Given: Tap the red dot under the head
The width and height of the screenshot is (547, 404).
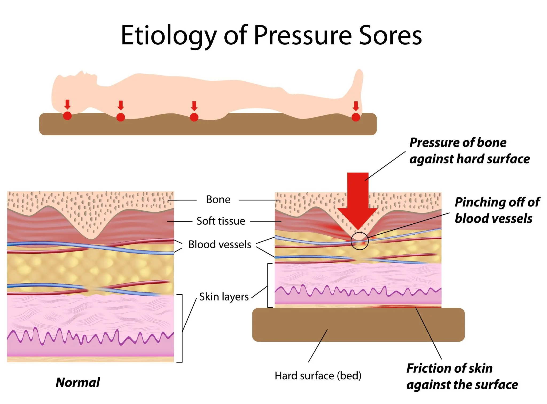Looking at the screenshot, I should click(67, 116).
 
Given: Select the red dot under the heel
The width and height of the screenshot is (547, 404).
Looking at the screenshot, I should click(355, 117).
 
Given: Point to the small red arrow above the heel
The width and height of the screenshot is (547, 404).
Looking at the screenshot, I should click(355, 106).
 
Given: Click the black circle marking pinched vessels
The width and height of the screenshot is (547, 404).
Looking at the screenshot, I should click(360, 241).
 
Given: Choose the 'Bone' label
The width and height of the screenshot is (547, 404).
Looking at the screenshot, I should click(218, 200).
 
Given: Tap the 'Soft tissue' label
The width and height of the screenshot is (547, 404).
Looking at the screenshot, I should click(221, 221).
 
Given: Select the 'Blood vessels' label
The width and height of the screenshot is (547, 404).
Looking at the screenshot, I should click(220, 245).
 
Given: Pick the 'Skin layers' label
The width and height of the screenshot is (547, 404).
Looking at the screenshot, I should click(224, 297).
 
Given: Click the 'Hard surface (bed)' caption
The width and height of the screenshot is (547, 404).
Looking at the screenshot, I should click(318, 376).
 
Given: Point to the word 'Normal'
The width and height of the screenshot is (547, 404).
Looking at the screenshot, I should click(78, 382).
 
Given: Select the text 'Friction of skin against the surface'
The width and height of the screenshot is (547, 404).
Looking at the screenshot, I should click(462, 376).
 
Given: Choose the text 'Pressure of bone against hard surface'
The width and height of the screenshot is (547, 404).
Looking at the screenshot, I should click(469, 151).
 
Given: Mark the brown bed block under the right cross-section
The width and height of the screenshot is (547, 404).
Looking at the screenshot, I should click(358, 325).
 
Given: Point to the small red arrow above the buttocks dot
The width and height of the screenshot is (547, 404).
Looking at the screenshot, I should click(194, 106).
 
